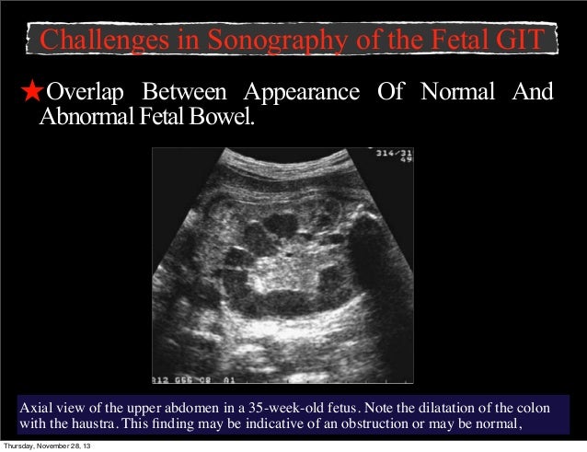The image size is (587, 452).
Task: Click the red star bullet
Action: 32,93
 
